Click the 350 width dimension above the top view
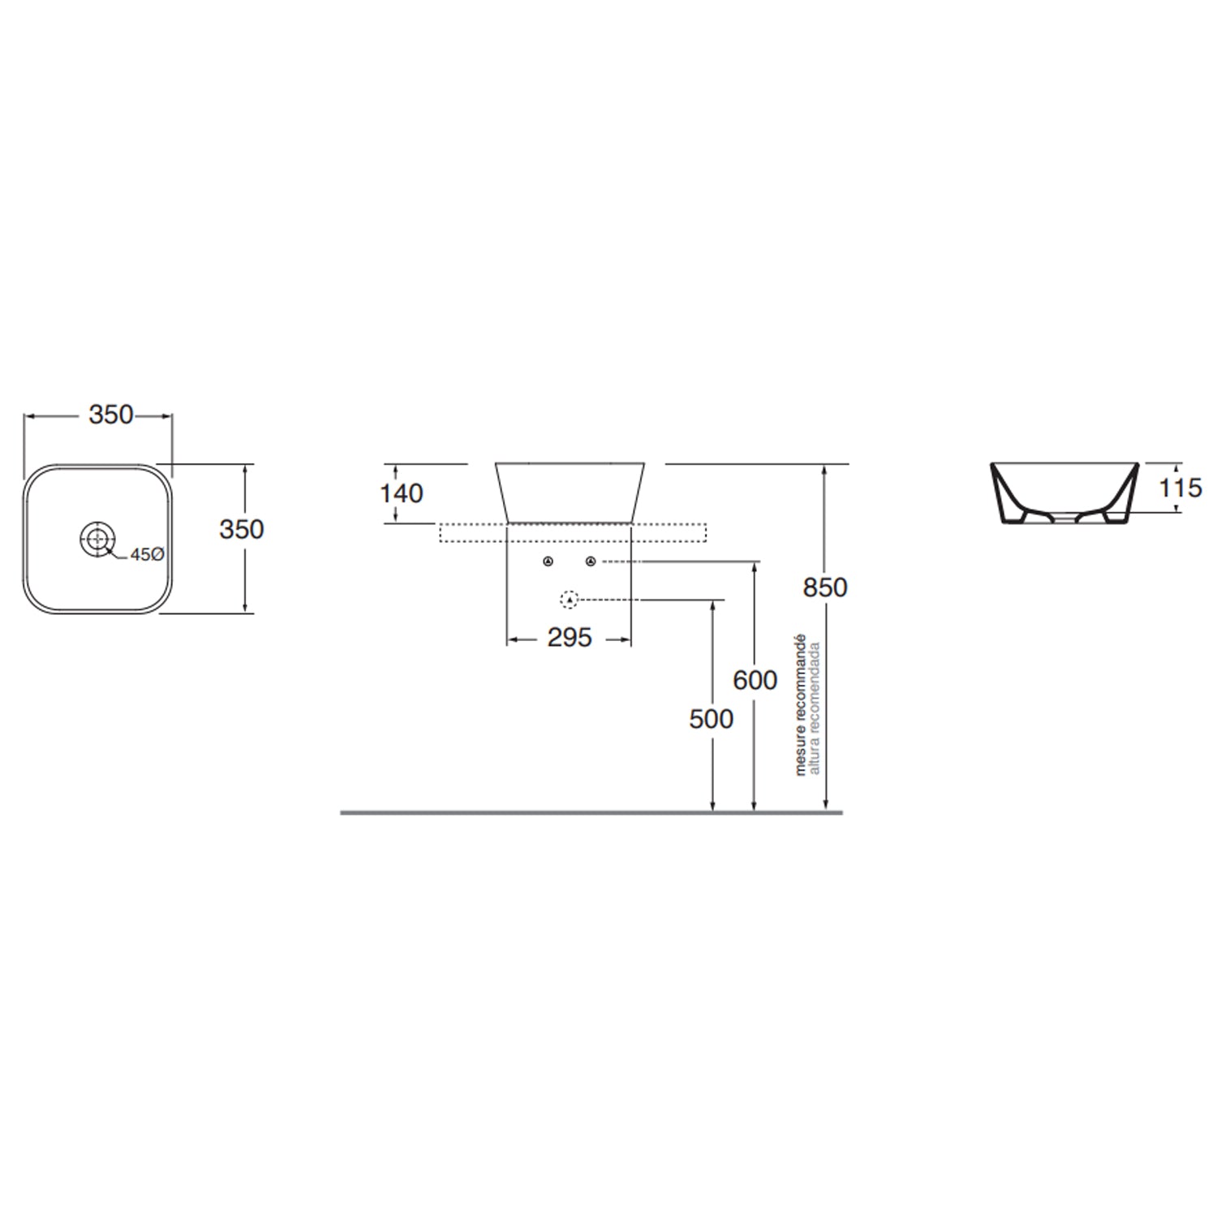click(x=110, y=415)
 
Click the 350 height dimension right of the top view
click(x=241, y=529)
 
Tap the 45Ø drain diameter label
click(x=147, y=554)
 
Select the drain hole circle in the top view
click(x=97, y=539)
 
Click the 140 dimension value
click(x=402, y=493)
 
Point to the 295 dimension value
click(x=569, y=639)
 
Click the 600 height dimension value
click(x=755, y=680)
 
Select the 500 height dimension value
click(x=711, y=719)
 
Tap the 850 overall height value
click(x=825, y=587)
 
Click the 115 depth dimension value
click(x=1180, y=488)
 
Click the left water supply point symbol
click(x=548, y=561)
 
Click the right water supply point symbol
click(x=591, y=561)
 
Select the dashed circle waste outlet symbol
click(x=570, y=600)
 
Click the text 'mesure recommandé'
click(x=801, y=704)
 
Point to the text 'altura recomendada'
click(x=815, y=707)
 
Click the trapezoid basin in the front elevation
click(x=570, y=491)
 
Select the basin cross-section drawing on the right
click(x=1064, y=492)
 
